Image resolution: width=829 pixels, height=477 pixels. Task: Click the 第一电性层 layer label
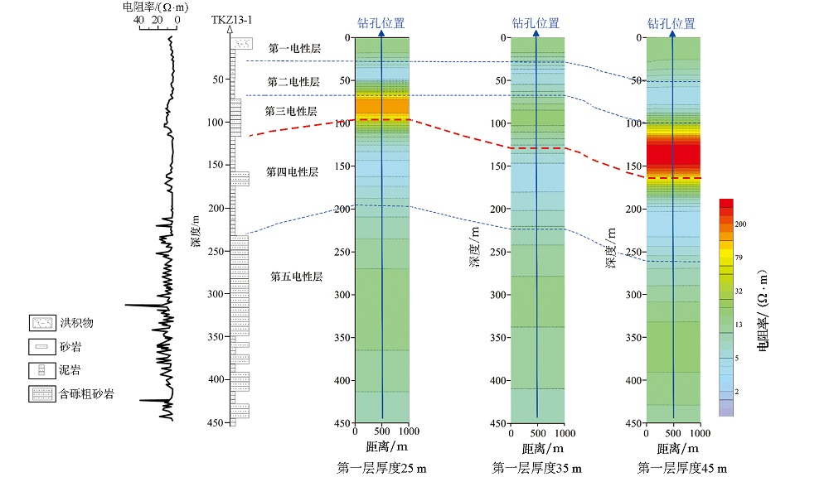click(293, 49)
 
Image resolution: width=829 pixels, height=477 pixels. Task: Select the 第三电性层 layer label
click(291, 111)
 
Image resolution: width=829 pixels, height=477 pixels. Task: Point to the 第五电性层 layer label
click(296, 277)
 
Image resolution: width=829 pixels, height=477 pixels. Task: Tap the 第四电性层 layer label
click(292, 172)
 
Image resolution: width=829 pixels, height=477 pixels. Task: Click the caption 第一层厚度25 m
click(381, 469)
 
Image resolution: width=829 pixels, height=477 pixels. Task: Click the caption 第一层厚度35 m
click(536, 469)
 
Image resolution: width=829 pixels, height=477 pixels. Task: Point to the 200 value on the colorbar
click(741, 224)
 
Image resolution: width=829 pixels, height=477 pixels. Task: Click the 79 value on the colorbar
click(739, 258)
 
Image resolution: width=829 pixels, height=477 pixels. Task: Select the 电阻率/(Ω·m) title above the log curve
click(153, 7)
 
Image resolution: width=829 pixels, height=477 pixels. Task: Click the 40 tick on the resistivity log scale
click(138, 19)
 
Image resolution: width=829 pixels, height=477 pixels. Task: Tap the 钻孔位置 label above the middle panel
click(535, 24)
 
